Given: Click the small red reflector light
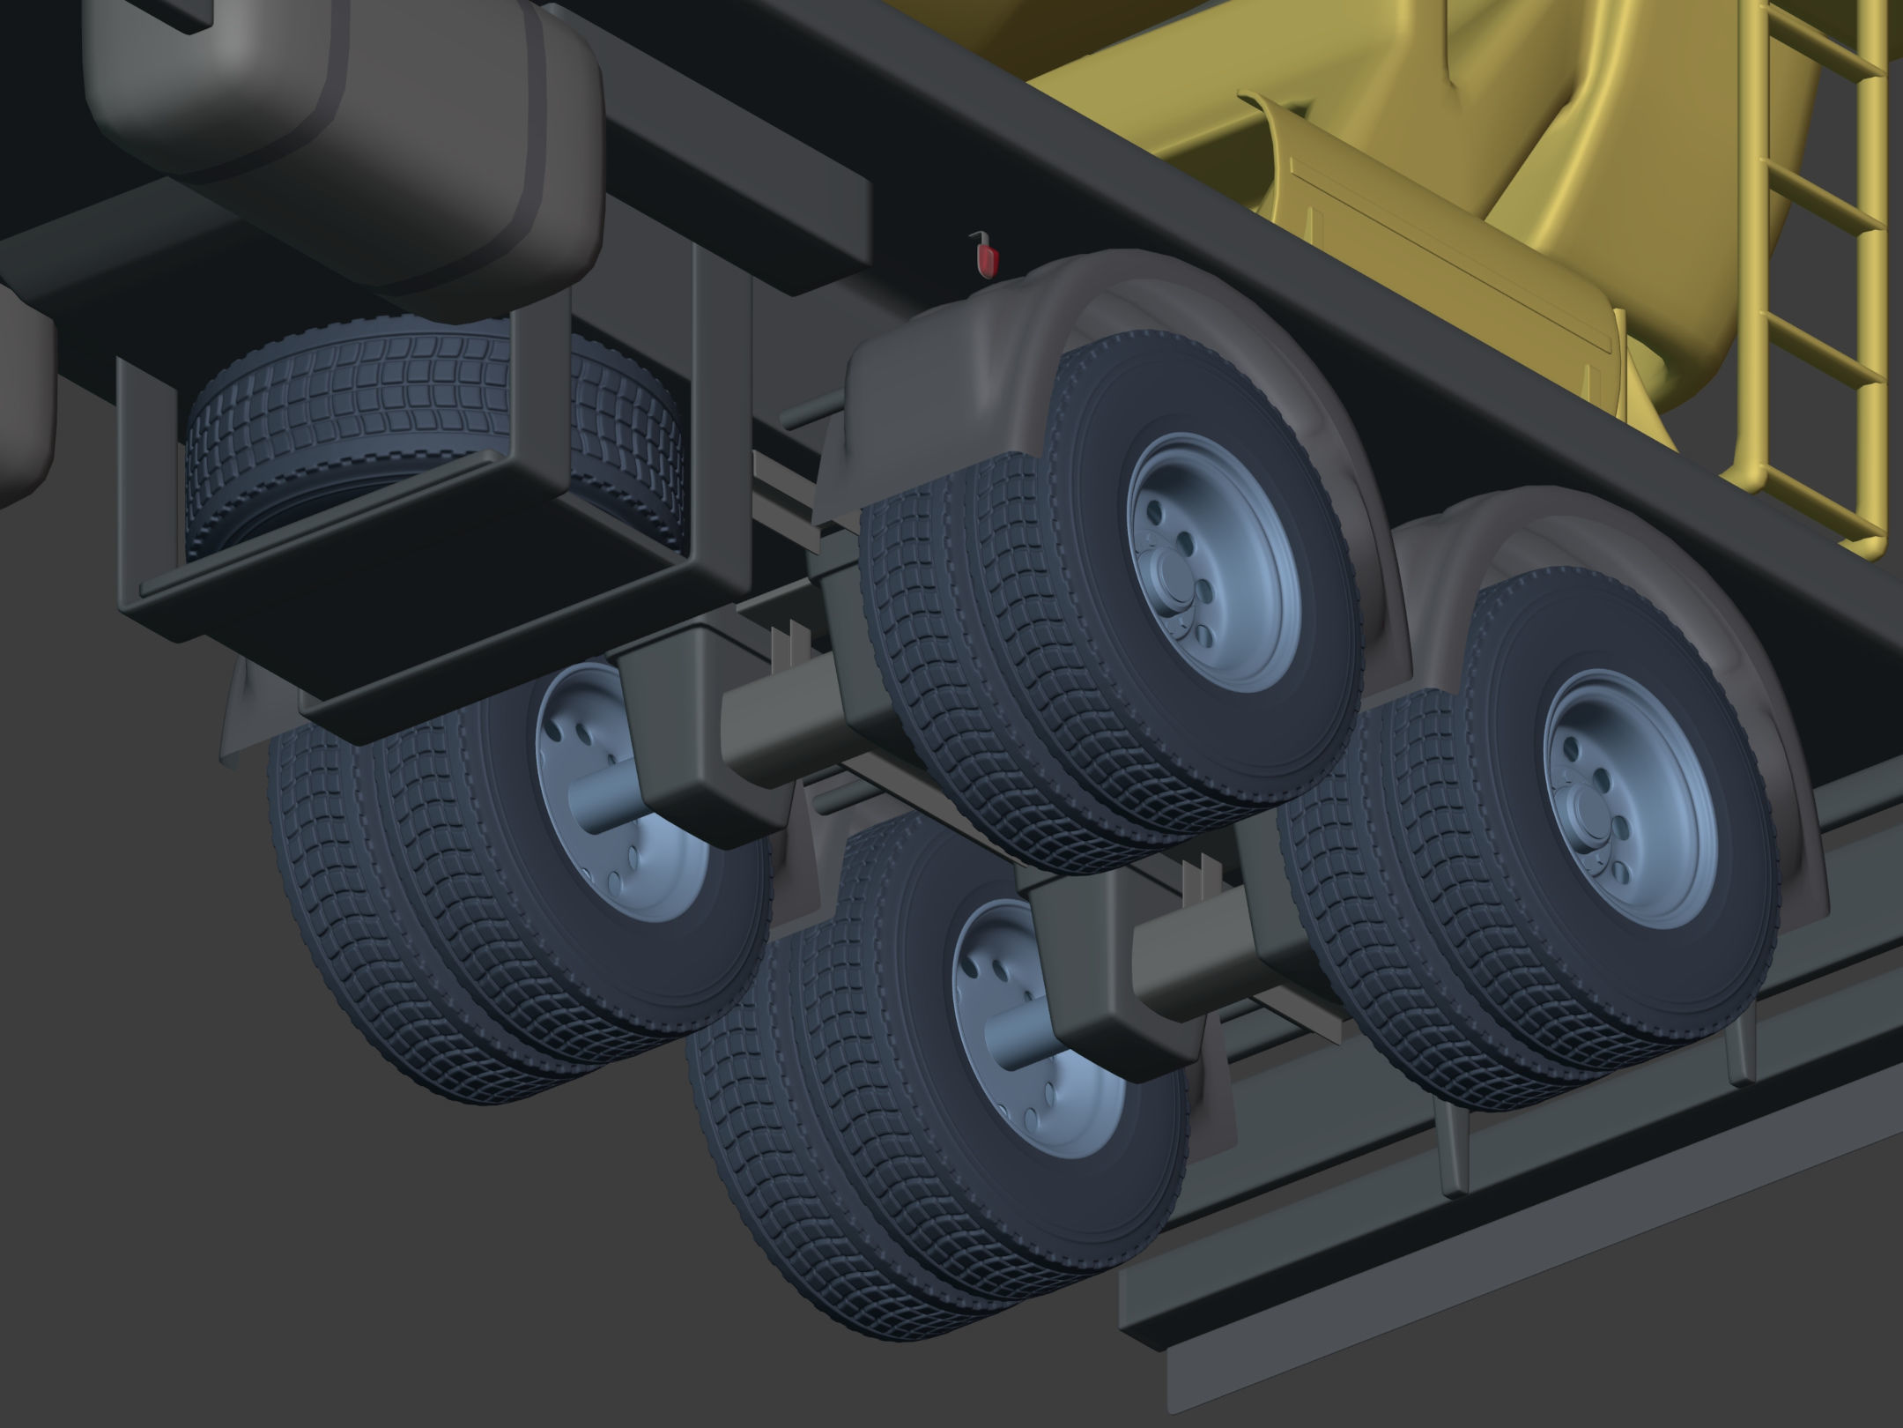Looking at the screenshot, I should click(x=989, y=260).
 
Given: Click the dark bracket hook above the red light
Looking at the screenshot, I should click(x=976, y=237).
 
